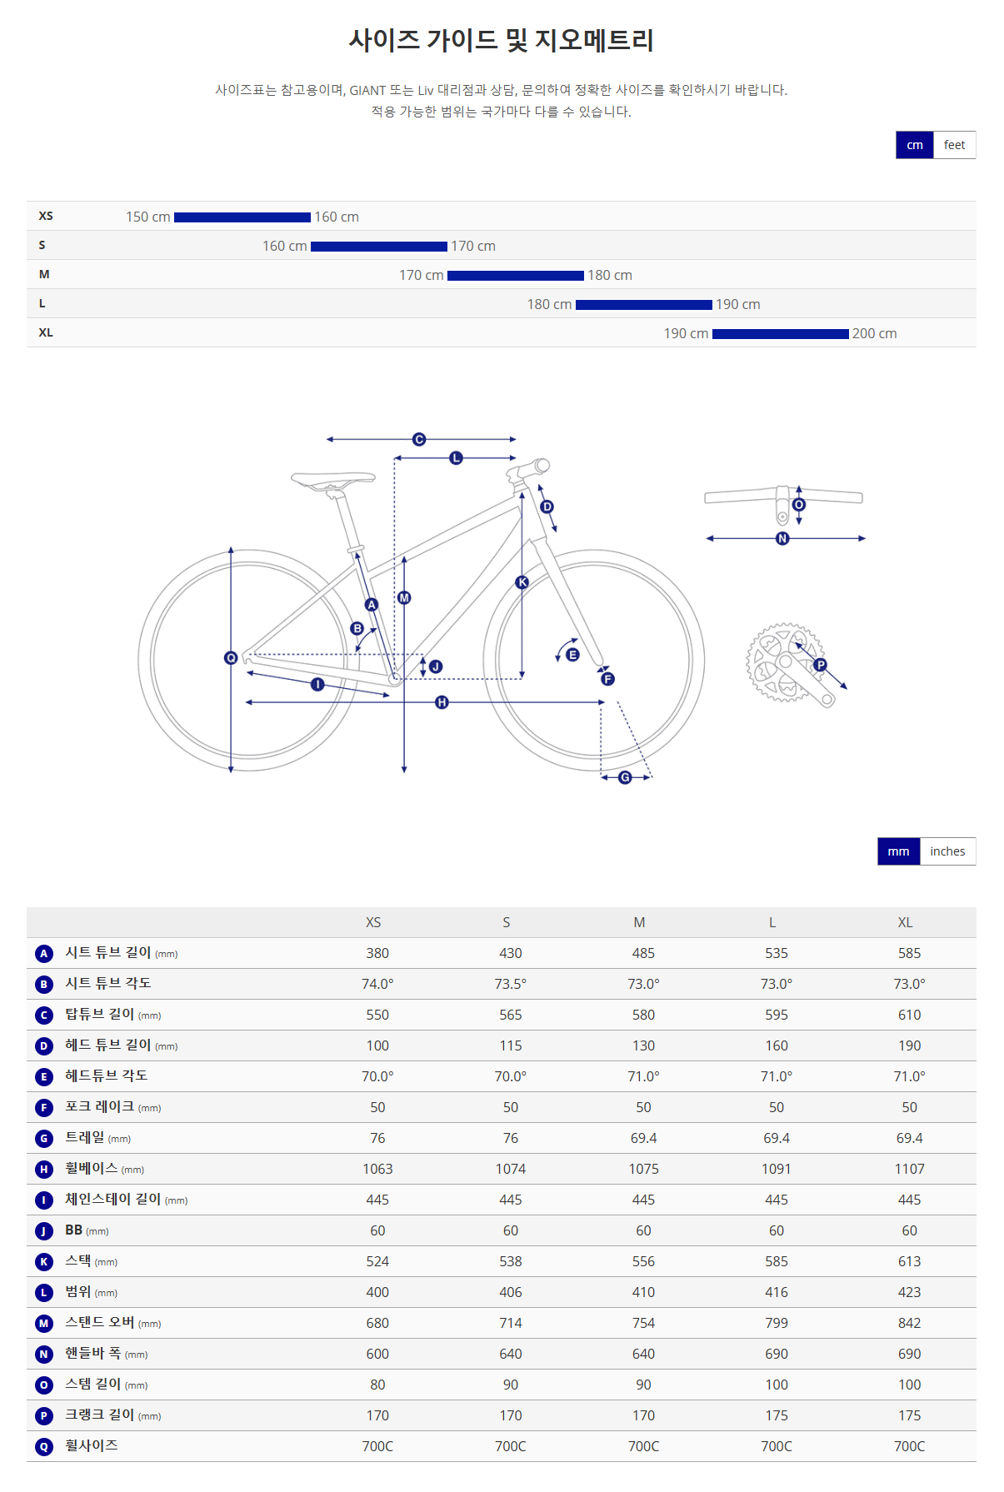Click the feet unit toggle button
pos(954,145)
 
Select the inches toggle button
pos(947,851)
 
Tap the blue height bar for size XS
pos(242,217)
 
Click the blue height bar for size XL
pos(780,334)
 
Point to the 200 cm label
pos(874,334)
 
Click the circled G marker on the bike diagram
pos(625,777)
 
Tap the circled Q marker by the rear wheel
pos(231,658)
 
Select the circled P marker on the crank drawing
pos(820,665)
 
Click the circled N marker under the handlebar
pos(782,539)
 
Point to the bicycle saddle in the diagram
pos(332,479)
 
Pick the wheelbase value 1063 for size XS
pos(377,1169)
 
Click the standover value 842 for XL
pos(909,1323)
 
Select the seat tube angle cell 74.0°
pos(377,984)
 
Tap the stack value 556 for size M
pos(643,1261)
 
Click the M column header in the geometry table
pos(639,922)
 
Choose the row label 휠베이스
pos(92,1168)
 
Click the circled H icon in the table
pos(44,1170)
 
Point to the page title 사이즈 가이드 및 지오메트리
pos(501,40)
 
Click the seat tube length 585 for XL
pos(909,953)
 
